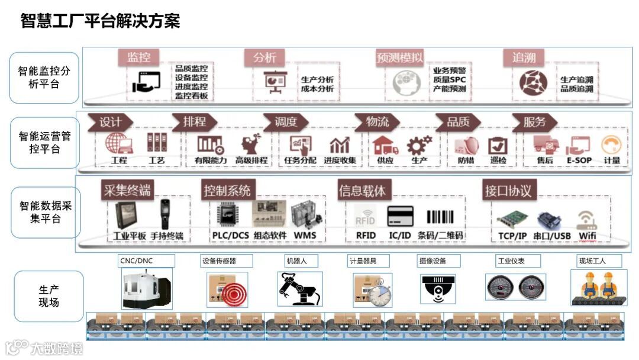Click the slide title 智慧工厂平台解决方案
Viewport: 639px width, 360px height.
[x=100, y=21]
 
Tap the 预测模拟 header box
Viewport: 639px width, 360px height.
[x=399, y=57]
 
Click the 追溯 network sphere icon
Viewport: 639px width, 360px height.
[x=533, y=84]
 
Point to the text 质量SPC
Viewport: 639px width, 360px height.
[x=449, y=79]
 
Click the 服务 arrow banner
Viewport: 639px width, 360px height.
[x=535, y=122]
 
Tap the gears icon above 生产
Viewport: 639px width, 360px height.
[x=419, y=144]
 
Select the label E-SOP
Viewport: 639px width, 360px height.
[x=579, y=160]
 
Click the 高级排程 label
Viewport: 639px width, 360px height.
[x=251, y=160]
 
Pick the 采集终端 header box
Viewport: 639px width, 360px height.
[x=127, y=190]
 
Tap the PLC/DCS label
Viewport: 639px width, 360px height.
[x=230, y=235]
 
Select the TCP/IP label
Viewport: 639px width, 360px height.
[x=512, y=235]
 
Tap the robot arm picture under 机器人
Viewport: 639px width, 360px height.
[x=300, y=288]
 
